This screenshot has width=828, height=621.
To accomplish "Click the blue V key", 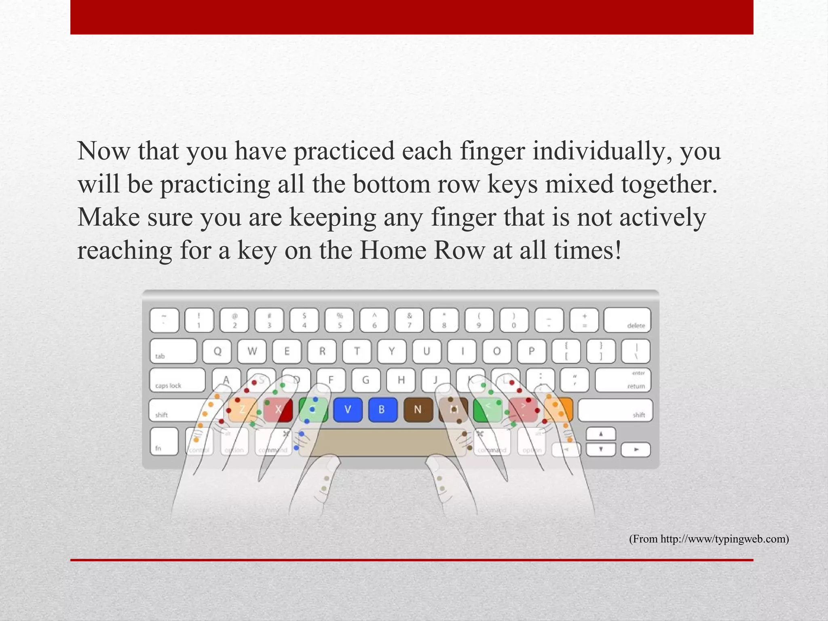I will (348, 410).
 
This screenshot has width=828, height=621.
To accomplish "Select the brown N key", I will (418, 410).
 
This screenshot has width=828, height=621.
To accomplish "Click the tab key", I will (173, 351).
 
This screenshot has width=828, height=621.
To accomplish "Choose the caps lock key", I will (177, 380).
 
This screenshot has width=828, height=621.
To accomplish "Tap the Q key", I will (217, 351).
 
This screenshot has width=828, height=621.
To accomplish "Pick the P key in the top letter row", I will (532, 351).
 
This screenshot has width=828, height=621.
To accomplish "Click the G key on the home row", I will (365, 380).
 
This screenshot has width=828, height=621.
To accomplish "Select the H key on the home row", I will (401, 380).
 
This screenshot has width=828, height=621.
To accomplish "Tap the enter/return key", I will (623, 380).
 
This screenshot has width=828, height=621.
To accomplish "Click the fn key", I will (164, 441).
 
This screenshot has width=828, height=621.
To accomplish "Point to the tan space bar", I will (382, 443).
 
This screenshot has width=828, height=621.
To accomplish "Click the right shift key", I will (615, 410).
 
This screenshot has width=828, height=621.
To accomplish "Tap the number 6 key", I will (374, 320).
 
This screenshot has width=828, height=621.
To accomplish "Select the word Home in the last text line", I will (393, 251).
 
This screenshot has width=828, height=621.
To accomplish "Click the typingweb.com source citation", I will (709, 539).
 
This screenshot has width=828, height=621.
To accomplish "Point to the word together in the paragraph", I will (669, 184).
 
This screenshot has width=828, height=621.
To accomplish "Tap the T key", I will (357, 351).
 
